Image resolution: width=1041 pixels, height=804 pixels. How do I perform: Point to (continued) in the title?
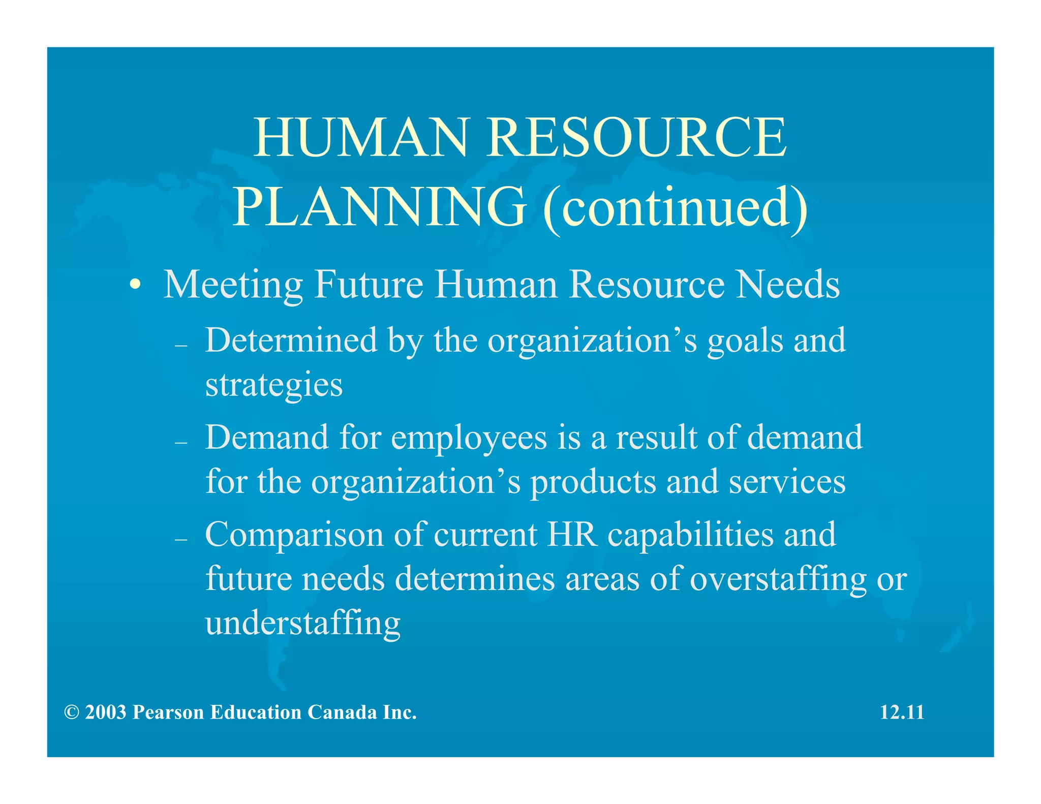coord(675,207)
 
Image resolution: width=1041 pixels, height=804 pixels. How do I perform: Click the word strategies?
coord(274,385)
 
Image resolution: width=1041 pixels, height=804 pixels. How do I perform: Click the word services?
coord(787,482)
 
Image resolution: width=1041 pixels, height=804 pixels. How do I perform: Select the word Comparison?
coord(294,535)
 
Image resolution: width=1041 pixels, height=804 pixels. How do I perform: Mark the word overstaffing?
coord(778,579)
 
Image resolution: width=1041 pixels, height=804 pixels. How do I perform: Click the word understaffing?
coord(303,624)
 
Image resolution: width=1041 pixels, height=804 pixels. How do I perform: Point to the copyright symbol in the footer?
coord(72,713)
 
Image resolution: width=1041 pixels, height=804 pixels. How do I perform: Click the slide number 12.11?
coord(902,713)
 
